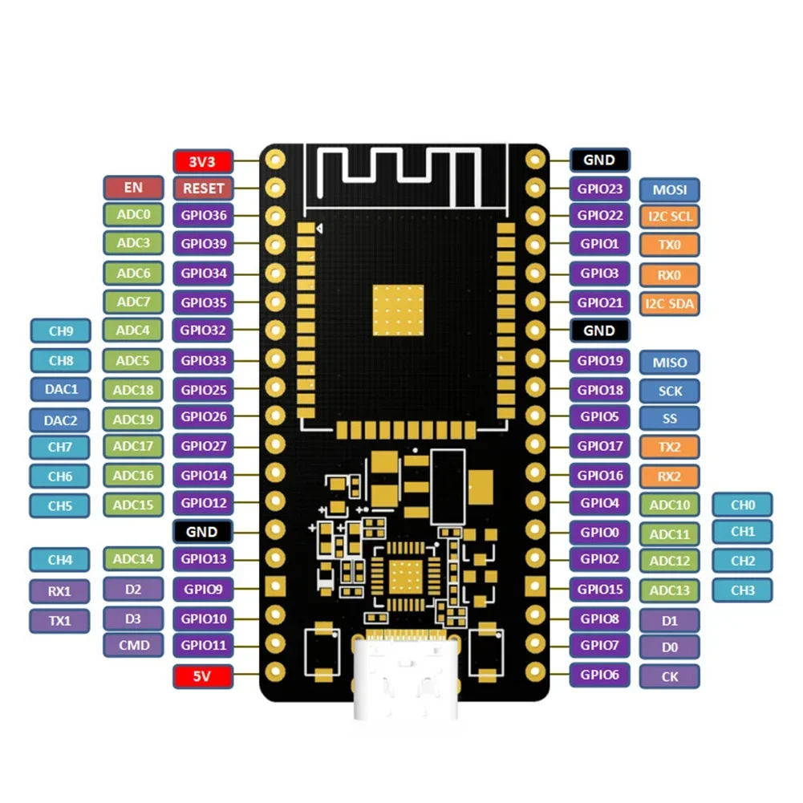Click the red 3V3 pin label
pyautogui.click(x=203, y=161)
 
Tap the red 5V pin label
pyautogui.click(x=203, y=676)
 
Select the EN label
pyautogui.click(x=133, y=188)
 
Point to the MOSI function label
pyautogui.click(x=669, y=190)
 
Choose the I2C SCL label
pyautogui.click(x=669, y=216)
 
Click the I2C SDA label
pyautogui.click(x=669, y=303)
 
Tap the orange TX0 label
pyautogui.click(x=669, y=244)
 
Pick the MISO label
pyautogui.click(x=669, y=362)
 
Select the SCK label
pyautogui.click(x=669, y=391)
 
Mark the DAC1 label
pyautogui.click(x=61, y=389)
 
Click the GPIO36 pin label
pyautogui.click(x=203, y=216)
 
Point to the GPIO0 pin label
pyautogui.click(x=599, y=531)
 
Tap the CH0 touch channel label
pyautogui.click(x=742, y=505)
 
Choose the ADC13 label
pyautogui.click(x=669, y=590)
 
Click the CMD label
pyautogui.click(x=133, y=645)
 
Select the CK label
pyautogui.click(x=669, y=676)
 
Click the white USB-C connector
pyautogui.click(x=406, y=678)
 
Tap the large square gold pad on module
pyautogui.click(x=399, y=309)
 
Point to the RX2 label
pyautogui.click(x=669, y=477)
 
